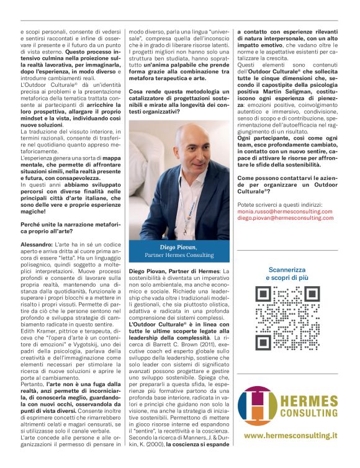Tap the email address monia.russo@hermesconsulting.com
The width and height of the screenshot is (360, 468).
(x=286, y=212)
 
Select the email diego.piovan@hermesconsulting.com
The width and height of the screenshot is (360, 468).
(x=286, y=218)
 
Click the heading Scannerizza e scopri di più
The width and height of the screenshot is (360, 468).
(x=287, y=274)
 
